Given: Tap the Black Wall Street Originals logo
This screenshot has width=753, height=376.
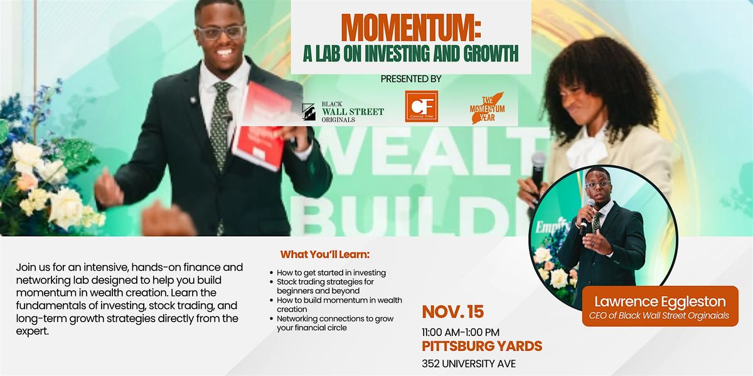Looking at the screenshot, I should (343, 112).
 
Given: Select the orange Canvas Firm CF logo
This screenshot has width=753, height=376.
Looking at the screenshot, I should (421, 107).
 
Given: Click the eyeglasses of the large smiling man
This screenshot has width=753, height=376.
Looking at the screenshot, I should (220, 32).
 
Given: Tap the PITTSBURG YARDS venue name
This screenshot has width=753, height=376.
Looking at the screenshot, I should (482, 345).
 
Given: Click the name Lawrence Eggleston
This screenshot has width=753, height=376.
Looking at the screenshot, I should (660, 301).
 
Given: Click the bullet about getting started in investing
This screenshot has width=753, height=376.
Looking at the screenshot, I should (332, 273).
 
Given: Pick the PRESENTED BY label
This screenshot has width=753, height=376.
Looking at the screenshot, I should (411, 79).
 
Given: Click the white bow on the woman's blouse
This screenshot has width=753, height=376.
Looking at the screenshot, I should (587, 151).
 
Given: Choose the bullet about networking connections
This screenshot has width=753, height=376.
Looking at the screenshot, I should (336, 323).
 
